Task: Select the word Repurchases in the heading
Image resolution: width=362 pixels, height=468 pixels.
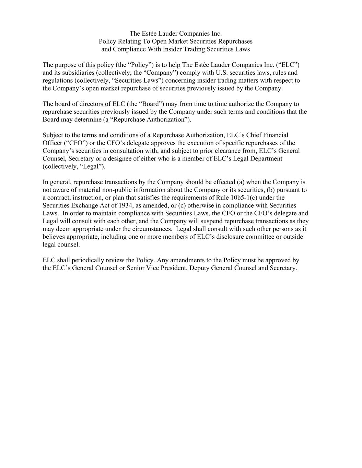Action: coord(235,41)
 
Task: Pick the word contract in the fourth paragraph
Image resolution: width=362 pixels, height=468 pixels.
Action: coord(58,198)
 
